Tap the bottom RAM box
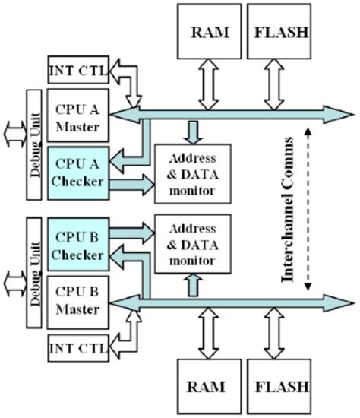point(207,386)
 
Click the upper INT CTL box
point(76,71)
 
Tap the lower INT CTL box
point(76,348)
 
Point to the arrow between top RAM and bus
point(207,83)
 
